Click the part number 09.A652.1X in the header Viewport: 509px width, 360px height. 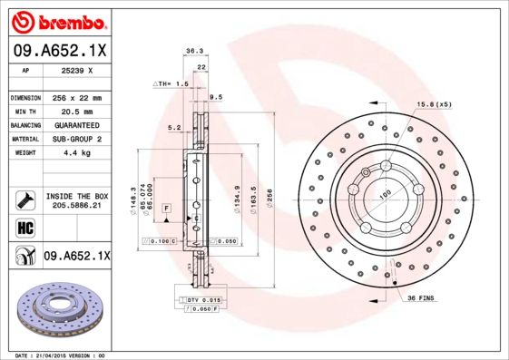[x=59, y=51]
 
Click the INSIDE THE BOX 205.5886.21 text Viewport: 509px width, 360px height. [x=76, y=200]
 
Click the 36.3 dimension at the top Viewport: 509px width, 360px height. [x=193, y=52]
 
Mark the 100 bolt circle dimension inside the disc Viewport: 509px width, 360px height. [x=385, y=193]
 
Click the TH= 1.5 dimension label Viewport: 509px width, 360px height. [x=171, y=83]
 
